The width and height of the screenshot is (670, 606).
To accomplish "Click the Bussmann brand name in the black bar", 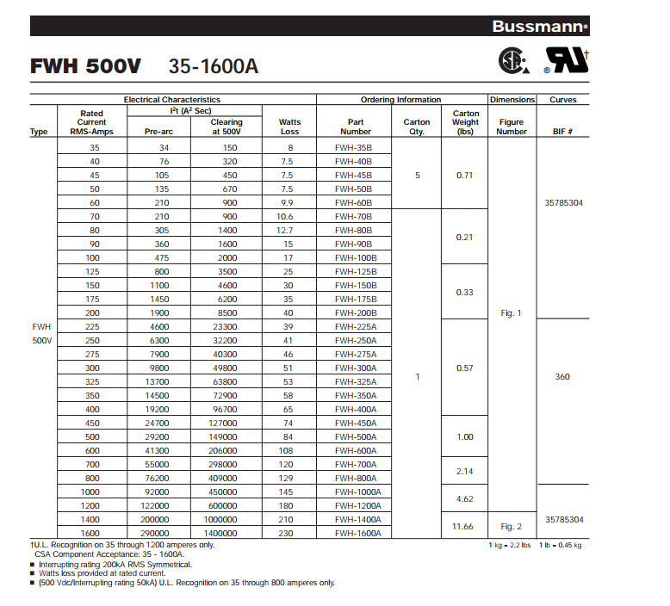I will tap(537, 27).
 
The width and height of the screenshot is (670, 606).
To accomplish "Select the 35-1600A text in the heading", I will tap(214, 66).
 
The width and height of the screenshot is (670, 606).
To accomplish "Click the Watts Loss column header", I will tap(290, 127).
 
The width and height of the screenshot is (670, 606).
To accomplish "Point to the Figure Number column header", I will tap(512, 127).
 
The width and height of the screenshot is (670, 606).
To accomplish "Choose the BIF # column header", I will tap(563, 132).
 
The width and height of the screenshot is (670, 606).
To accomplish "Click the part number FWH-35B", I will tap(353, 148).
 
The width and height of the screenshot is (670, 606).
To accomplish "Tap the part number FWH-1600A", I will tap(357, 534).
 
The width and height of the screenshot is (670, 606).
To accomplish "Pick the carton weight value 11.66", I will tap(464, 526).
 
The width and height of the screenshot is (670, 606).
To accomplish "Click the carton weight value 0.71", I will tap(464, 176).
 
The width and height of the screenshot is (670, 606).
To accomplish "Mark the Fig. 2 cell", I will tap(512, 526).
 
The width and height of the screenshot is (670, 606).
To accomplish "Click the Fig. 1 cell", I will tap(512, 313).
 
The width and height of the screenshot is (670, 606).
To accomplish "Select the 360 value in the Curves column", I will tap(562, 376).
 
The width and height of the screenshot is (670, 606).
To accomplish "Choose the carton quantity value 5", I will tap(418, 176).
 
